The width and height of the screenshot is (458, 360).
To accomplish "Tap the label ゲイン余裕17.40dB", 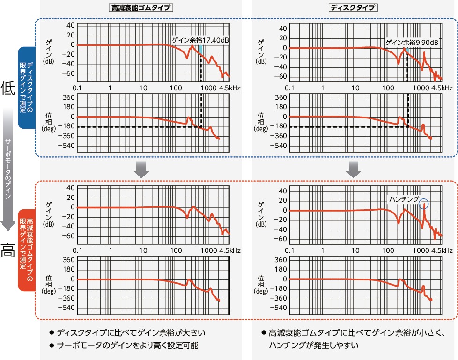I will [x=200, y=40].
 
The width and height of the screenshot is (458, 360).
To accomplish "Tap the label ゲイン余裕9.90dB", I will [x=412, y=43].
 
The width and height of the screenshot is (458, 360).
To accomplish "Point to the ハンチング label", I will [x=404, y=199].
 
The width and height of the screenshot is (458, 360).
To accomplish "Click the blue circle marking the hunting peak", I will [x=424, y=204].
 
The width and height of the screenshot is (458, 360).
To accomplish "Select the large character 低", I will [x=8, y=87].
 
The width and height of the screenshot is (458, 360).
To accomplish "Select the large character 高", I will [x=8, y=251].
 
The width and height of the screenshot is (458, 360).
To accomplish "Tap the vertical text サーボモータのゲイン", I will [x=7, y=169].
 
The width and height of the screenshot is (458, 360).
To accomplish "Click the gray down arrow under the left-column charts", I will [x=141, y=169].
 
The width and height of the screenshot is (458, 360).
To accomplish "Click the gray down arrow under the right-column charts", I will [x=354, y=169].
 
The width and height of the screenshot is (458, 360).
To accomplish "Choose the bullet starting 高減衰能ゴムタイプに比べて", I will [x=356, y=333].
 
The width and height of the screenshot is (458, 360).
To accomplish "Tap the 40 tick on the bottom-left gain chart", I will [x=69, y=188].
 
